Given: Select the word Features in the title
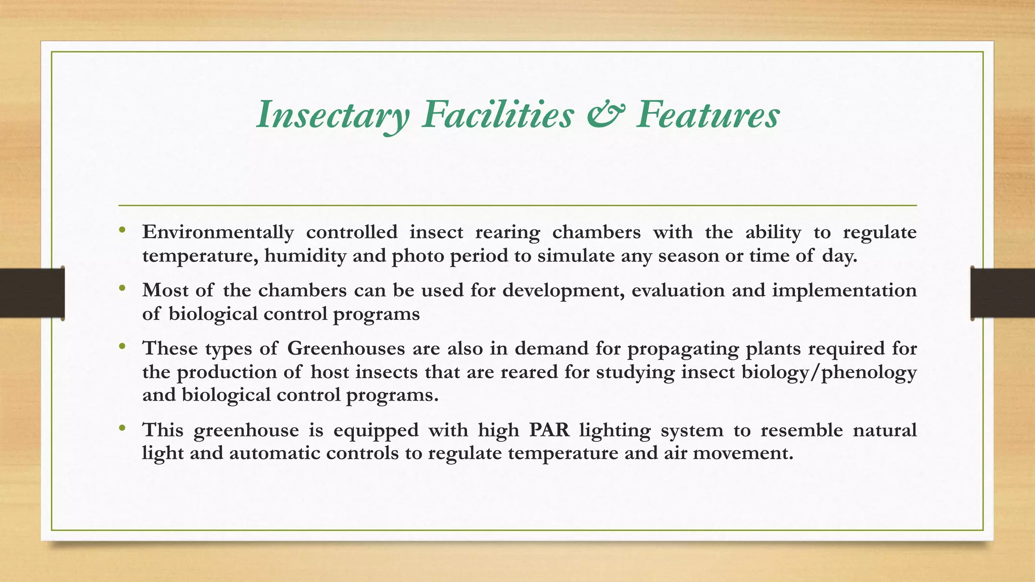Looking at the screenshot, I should (708, 114).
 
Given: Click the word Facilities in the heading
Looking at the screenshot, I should (498, 114).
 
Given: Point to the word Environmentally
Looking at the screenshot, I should (218, 232).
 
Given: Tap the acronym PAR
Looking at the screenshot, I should (549, 430).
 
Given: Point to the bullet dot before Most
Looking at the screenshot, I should (122, 289).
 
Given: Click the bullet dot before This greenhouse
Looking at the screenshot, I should (122, 428).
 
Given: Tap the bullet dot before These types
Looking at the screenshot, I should (122, 347).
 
